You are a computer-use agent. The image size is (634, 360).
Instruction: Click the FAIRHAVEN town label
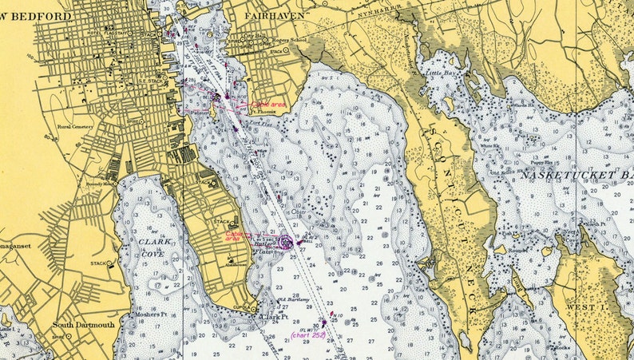point(263,14)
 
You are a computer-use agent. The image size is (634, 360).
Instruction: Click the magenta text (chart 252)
point(307,335)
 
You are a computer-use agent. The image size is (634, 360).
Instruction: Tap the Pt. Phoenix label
point(264,113)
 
